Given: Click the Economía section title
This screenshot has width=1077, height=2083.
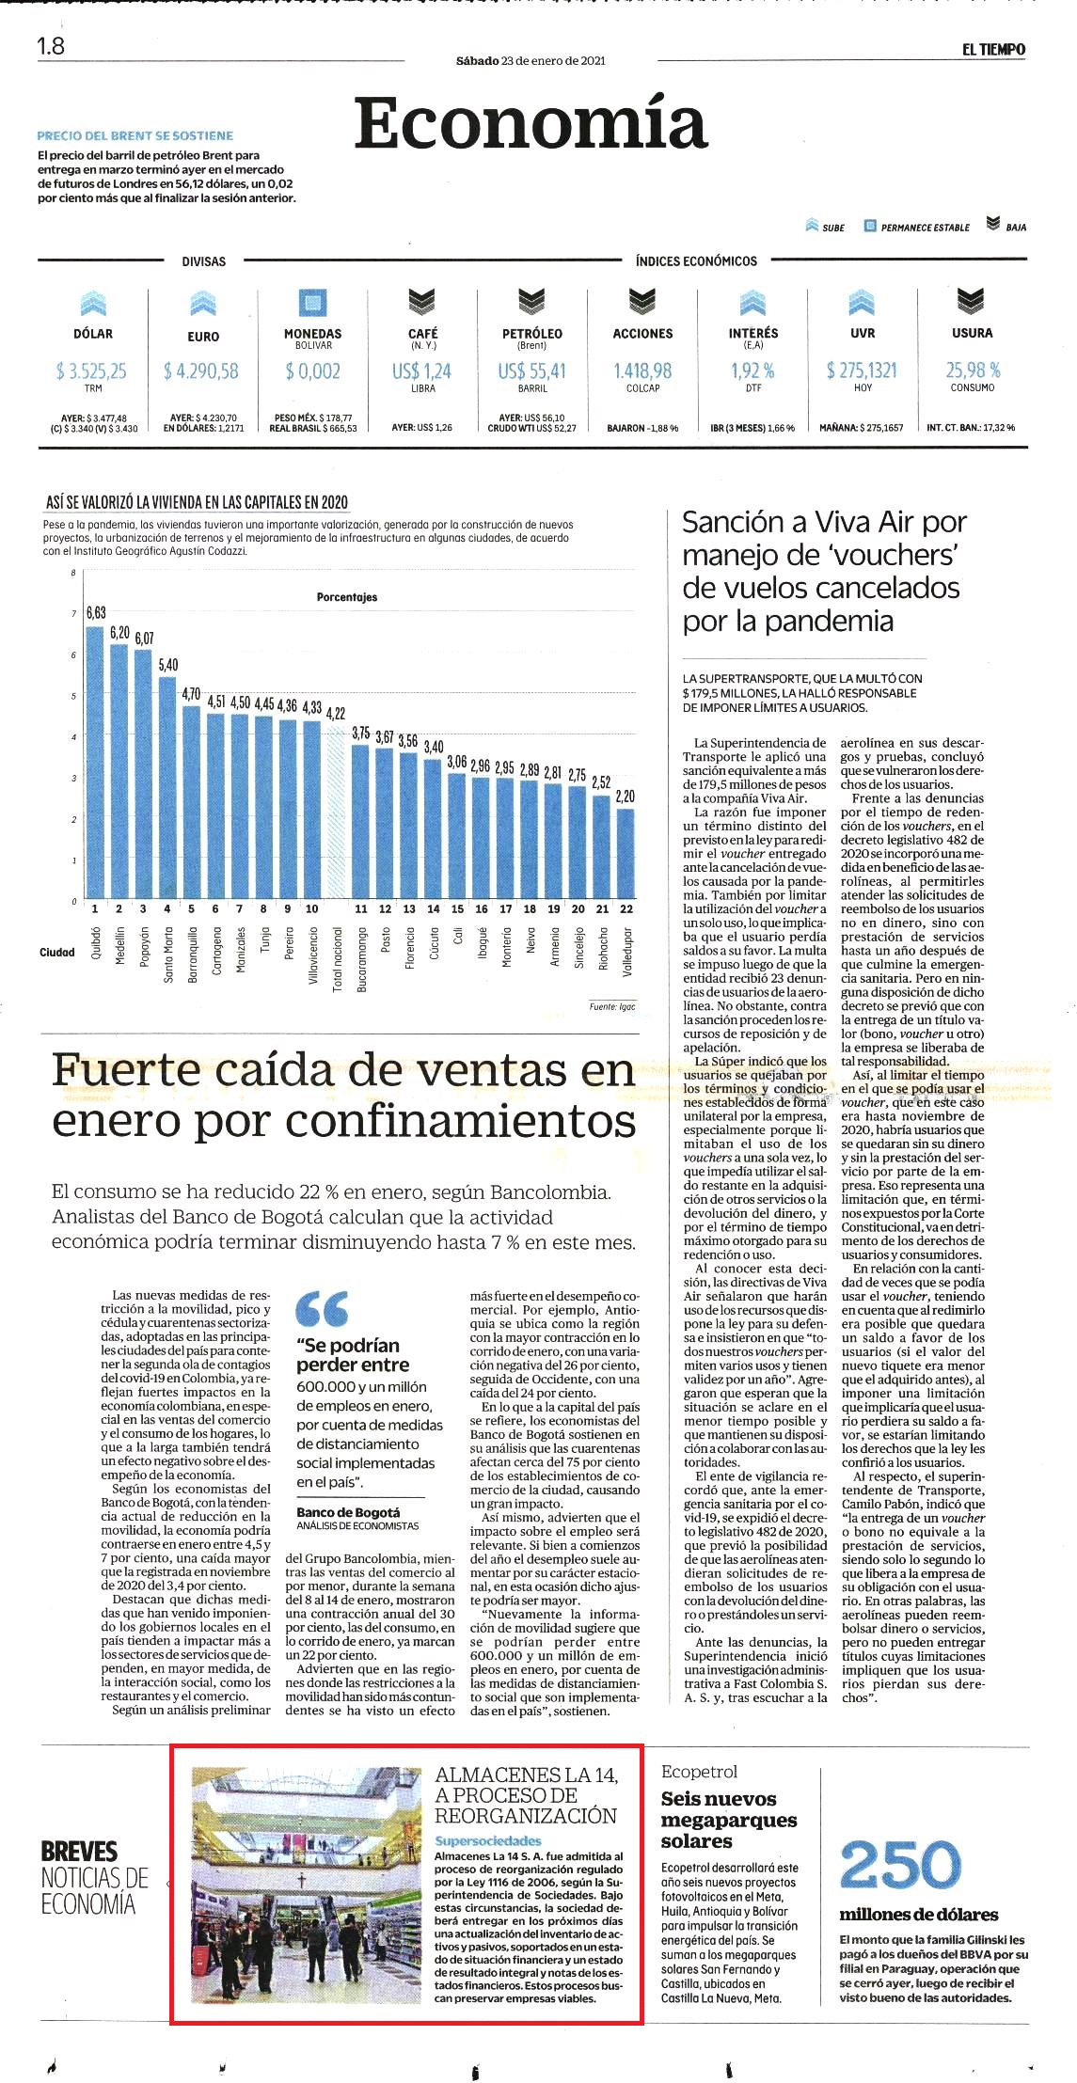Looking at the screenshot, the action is tap(530, 123).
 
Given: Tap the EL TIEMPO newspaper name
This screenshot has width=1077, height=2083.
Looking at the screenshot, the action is tap(993, 49).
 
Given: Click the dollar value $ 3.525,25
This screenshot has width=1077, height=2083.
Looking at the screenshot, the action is tap(92, 371).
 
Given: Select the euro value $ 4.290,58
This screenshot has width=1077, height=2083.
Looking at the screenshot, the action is tap(202, 371).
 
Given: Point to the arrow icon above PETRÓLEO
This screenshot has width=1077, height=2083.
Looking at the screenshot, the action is tap(532, 301).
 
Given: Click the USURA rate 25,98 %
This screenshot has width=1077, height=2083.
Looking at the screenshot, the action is tap(973, 371).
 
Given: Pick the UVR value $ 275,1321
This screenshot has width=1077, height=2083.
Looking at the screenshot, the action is tap(862, 371).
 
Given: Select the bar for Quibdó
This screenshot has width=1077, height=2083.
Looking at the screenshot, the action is tap(95, 763).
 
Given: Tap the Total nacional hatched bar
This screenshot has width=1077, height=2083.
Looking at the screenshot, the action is tap(336, 813).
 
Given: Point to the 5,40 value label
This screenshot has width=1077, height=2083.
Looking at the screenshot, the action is tap(168, 665).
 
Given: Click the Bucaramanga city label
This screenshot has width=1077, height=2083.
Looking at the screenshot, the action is tap(361, 959).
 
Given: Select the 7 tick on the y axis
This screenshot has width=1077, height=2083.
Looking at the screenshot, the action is tap(73, 614).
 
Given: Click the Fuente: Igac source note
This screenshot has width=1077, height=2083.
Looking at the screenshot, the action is tap(612, 1007).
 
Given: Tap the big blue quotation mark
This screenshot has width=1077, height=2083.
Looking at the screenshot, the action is tap(322, 1307).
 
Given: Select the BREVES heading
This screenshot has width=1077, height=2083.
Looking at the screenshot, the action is tap(79, 1852).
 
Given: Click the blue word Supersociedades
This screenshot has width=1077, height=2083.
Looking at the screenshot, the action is tap(488, 1840).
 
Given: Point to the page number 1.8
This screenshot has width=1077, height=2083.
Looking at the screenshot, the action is tap(51, 45).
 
